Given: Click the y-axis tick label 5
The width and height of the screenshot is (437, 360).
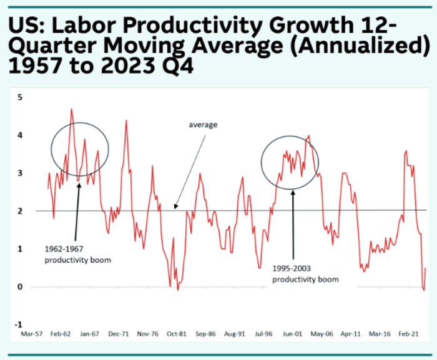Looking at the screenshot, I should coord(20,97).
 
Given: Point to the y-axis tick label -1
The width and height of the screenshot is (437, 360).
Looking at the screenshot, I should coord(19,324).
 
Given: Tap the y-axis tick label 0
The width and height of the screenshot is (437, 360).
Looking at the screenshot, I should coord(20,287).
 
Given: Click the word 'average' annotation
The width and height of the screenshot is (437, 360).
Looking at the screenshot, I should coord(203,125).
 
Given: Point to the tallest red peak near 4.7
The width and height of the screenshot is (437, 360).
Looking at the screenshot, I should coord(71,110).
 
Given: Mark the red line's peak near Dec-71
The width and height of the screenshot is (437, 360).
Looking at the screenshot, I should coord(126,120).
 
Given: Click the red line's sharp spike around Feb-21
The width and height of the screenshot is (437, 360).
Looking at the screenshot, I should coord(406,151).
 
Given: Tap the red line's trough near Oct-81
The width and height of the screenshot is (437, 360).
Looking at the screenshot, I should coord(178,289).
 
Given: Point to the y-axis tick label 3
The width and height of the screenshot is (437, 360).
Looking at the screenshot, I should coord(20,173).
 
